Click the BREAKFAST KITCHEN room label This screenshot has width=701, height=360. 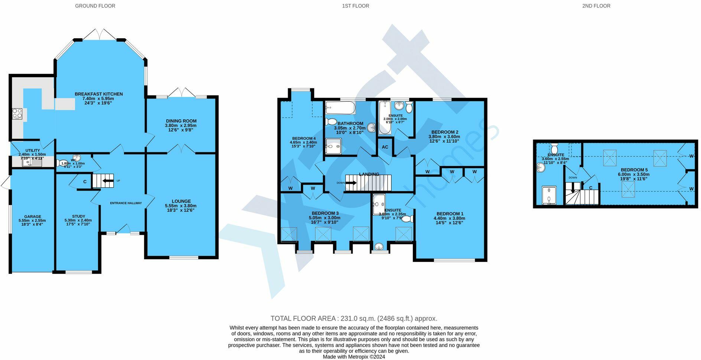coord(98,94)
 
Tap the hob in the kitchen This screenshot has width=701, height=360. coord(17,113)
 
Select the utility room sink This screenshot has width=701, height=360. coord(27,162)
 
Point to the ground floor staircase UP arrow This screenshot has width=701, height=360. coord(108,181)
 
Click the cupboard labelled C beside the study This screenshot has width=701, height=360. coord(85,182)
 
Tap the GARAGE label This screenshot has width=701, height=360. coord(33,216)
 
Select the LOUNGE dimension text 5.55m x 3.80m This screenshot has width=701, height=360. coord(180,206)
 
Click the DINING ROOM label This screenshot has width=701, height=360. coord(181,121)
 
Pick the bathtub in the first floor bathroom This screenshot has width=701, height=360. coord(340,108)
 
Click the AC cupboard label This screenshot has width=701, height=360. coord(385,147)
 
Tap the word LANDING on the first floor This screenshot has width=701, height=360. coord(369,174)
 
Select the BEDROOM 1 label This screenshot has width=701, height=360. coord(450,214)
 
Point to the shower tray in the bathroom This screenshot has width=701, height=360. coord(333,146)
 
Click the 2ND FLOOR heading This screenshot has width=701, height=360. coord(596,6)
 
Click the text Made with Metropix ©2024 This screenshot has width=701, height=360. coord(353,357)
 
